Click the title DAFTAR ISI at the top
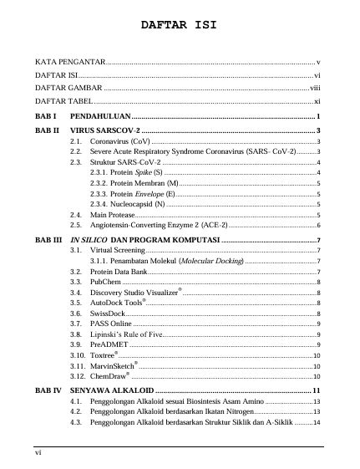tap(179, 25)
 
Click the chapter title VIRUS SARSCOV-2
tap(105, 131)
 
